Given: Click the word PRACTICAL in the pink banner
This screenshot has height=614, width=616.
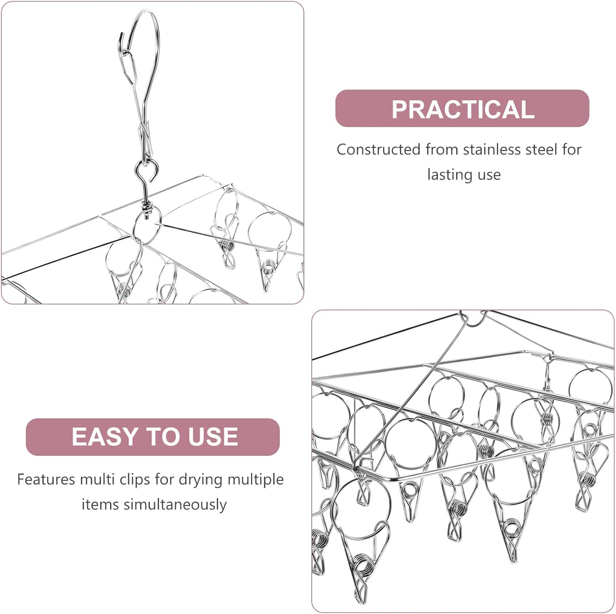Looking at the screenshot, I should tap(463, 109).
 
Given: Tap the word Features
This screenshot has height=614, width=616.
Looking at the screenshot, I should tap(46, 479).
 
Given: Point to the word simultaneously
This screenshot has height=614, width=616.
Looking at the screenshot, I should tap(175, 504).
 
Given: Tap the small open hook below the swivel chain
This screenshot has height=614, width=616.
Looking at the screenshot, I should tap(147, 171).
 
